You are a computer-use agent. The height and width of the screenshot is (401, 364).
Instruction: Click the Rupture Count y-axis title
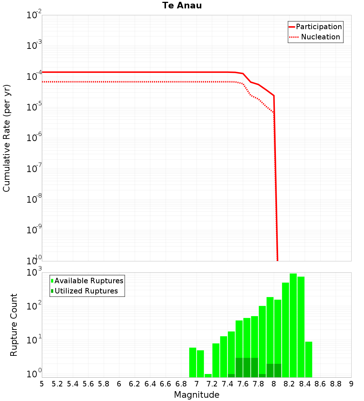(14, 325)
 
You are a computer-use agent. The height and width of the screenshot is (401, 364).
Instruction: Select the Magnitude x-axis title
(197, 395)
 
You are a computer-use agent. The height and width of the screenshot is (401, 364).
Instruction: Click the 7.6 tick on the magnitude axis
(243, 384)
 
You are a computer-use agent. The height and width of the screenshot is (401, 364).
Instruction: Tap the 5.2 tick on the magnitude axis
(57, 384)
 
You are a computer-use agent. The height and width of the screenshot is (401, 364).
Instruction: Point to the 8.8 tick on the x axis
(336, 384)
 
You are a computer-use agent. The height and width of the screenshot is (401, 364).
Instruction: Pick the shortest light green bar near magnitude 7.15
(208, 375)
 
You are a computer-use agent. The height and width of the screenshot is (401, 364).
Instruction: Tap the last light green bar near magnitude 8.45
(309, 359)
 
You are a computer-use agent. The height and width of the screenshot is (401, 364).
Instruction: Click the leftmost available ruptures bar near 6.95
(193, 362)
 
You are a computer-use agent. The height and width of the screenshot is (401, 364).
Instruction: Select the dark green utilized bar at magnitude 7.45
(231, 375)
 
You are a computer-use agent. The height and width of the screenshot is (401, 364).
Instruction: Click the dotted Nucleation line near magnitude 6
(119, 82)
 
